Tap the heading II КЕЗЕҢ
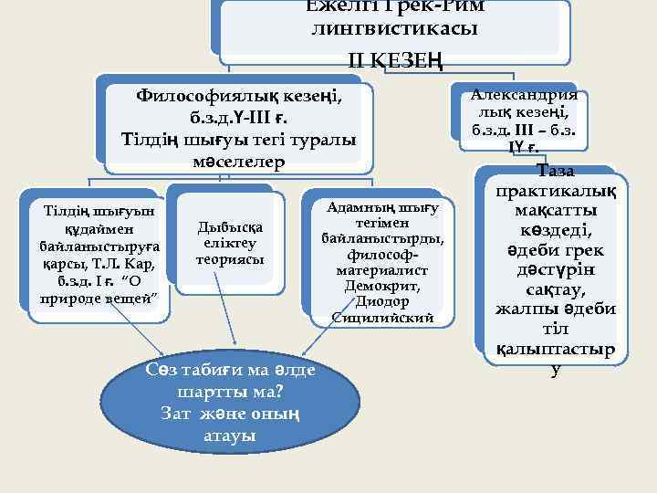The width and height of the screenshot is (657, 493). click(x=394, y=60)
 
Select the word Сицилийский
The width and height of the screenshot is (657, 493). click(x=381, y=318)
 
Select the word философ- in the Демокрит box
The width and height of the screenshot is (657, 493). click(x=381, y=256)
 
